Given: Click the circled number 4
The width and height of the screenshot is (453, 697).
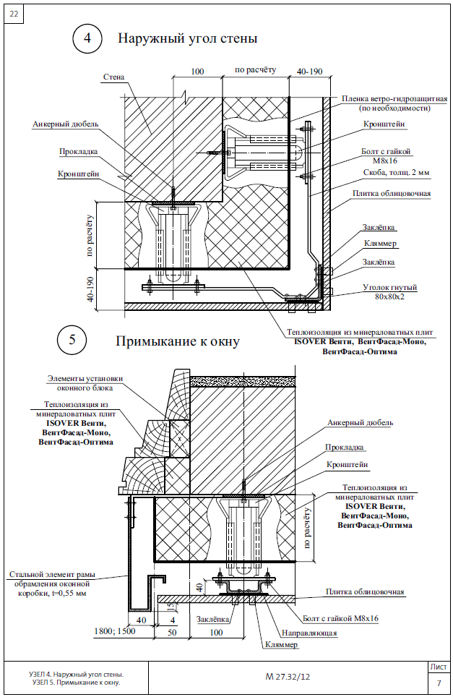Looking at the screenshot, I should [x=87, y=39].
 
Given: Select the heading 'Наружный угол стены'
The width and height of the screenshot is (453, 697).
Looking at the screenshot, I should [x=188, y=38].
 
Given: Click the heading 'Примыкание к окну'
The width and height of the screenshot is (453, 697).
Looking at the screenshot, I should [x=177, y=341].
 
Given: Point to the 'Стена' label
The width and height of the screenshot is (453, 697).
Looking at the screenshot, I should [x=114, y=76].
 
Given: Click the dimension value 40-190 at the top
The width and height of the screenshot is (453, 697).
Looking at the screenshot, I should [x=309, y=71].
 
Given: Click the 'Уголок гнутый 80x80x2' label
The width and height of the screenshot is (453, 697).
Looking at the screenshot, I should [x=389, y=291].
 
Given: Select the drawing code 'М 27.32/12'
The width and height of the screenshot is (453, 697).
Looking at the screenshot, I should [x=288, y=677].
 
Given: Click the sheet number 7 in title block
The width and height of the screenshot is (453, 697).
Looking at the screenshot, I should [x=438, y=683].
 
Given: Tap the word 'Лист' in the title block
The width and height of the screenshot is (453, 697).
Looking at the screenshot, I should [x=438, y=667].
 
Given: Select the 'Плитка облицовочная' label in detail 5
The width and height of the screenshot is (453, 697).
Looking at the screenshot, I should [x=365, y=591].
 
